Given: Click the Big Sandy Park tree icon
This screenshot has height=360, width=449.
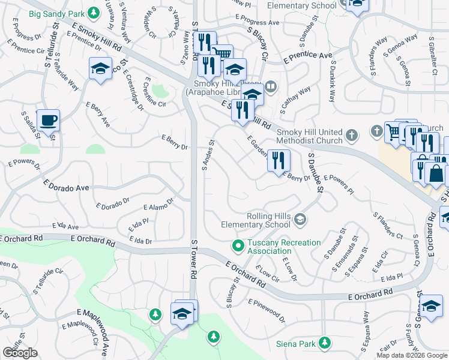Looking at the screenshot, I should pyautogui.click(x=93, y=12).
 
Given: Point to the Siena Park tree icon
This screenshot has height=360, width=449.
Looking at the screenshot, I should pyautogui.click(x=325, y=343).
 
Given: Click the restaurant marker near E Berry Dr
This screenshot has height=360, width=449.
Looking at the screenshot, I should pyautogui.click(x=279, y=160).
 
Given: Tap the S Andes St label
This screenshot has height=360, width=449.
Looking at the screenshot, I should pyautogui.click(x=208, y=155).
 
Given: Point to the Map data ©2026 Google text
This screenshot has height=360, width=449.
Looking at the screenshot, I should pyautogui.click(x=412, y=355).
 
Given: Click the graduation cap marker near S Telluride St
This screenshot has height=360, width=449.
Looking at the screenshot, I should pyautogui.click(x=101, y=68).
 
